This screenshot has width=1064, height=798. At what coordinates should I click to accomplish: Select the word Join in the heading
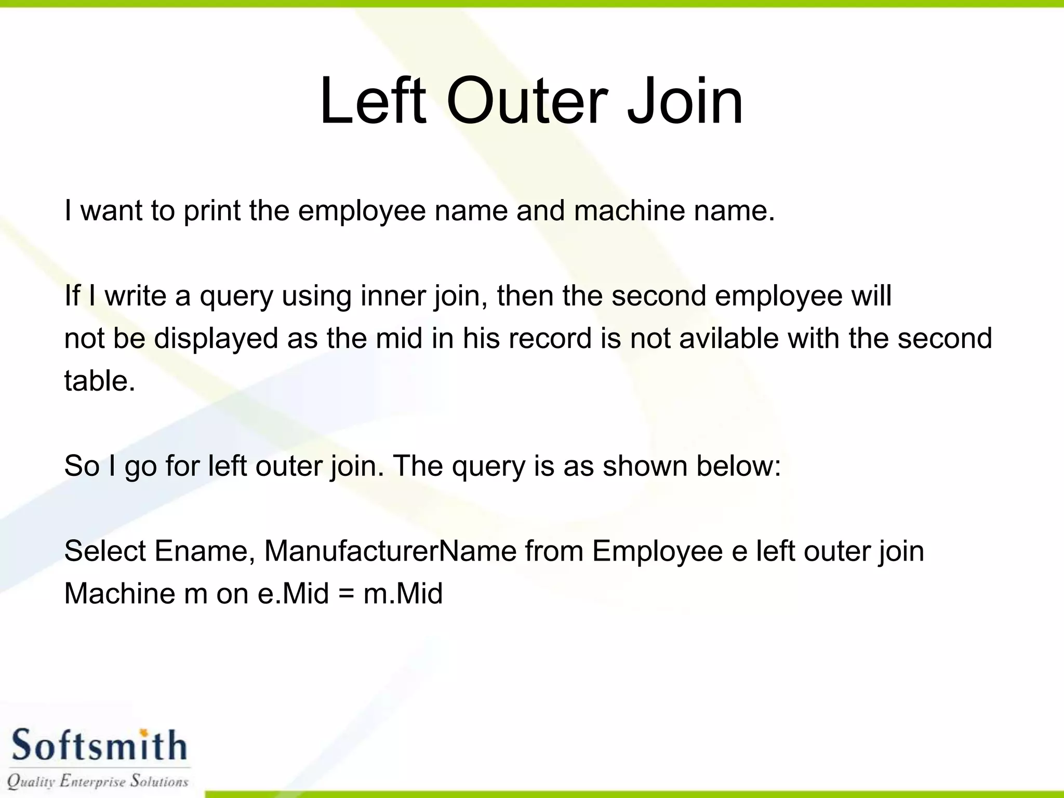pyautogui.click(x=685, y=101)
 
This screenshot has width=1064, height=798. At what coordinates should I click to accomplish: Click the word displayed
pyautogui.click(x=216, y=339)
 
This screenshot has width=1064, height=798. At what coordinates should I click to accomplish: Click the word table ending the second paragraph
pyautogui.click(x=96, y=381)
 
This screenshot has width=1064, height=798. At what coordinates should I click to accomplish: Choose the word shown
pyautogui.click(x=645, y=465)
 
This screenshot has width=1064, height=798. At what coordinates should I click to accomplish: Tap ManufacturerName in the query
pyautogui.click(x=390, y=551)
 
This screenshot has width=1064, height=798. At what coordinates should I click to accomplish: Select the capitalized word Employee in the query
pyautogui.click(x=657, y=552)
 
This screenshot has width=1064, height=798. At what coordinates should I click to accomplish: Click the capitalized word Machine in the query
pyautogui.click(x=119, y=593)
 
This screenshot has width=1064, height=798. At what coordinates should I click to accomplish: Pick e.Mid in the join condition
pyautogui.click(x=293, y=593)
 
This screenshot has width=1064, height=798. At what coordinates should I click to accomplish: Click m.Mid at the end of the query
pyautogui.click(x=403, y=593)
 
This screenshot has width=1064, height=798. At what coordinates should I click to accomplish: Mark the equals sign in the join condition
pyautogui.click(x=346, y=594)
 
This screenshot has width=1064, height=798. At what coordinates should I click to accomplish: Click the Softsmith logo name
pyautogui.click(x=99, y=746)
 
